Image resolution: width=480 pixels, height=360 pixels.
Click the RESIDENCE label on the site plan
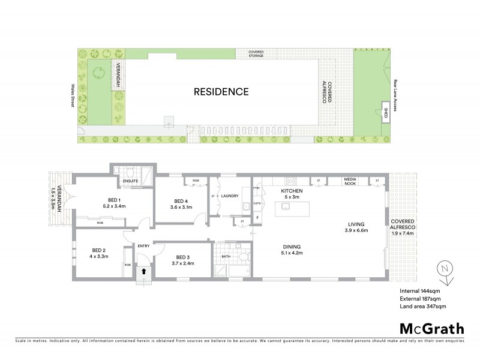pyautogui.click(x=221, y=92)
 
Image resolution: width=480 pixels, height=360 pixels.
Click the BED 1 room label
pyautogui.click(x=115, y=200)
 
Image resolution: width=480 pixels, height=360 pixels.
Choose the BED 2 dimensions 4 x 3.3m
pyautogui.click(x=99, y=257)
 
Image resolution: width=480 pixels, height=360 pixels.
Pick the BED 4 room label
pyautogui.click(x=181, y=201)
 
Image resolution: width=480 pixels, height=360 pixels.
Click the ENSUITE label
pyautogui.click(x=130, y=181)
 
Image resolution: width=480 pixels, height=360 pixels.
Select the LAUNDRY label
pyautogui.click(x=230, y=196)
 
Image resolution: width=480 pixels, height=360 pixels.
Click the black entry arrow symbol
pyautogui.click(x=143, y=271)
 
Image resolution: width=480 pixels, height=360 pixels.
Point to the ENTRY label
pyautogui.click(x=144, y=246)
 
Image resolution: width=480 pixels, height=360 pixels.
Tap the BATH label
pyautogui.click(x=226, y=256)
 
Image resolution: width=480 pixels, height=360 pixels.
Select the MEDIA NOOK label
pyautogui.click(x=350, y=181)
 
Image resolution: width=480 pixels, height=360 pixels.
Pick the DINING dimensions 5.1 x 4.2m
pyautogui.click(x=291, y=254)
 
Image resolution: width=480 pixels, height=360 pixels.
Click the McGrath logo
pyautogui.click(x=432, y=328)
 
